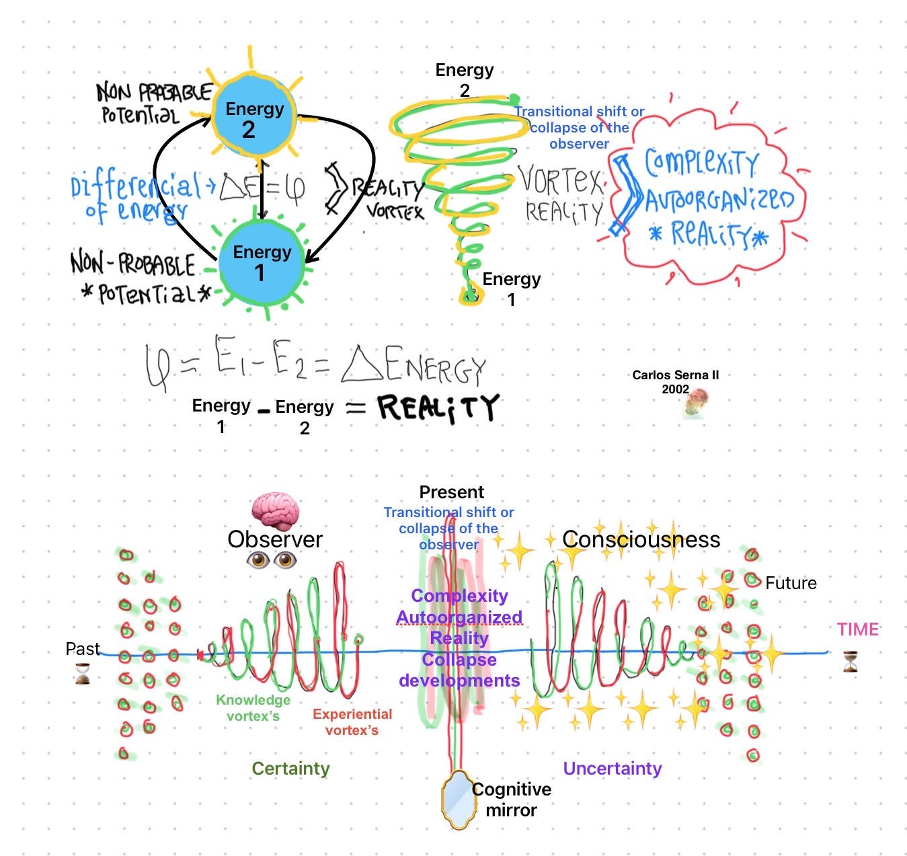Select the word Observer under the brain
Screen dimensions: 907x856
pos(275,539)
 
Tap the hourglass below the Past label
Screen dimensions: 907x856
pos(83,673)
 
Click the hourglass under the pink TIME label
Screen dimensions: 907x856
pos(851,662)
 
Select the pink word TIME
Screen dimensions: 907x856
pos(858,629)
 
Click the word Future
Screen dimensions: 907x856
pos(791,583)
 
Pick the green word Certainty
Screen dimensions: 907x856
pos(290,769)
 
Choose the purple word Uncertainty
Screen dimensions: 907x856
pos(612,769)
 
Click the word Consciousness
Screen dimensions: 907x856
pos(641,539)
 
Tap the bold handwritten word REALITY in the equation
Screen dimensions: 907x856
pos(438,407)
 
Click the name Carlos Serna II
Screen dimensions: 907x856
pos(675,375)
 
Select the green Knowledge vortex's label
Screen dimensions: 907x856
pos(253,707)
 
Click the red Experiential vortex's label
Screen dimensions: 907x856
pos(352,722)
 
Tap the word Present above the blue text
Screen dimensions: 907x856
pos(451,492)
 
